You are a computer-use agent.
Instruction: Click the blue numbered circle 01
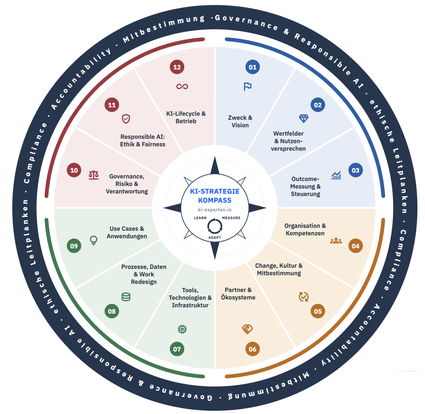coord(252,67)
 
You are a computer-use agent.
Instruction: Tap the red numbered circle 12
coord(177,67)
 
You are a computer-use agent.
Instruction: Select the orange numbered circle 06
coord(252,349)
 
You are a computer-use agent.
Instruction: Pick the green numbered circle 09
coord(74,246)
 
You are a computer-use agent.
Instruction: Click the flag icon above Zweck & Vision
coord(248,86)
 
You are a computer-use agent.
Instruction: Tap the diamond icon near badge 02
coord(304,119)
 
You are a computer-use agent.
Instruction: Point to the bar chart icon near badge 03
coord(336,175)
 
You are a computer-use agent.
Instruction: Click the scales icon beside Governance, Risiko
coord(94,175)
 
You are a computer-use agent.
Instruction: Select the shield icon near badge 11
coord(126,119)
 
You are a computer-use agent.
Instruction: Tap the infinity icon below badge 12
coord(182,86)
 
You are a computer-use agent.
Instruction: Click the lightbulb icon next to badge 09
coord(94,240)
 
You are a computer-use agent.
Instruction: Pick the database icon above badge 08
coord(126,297)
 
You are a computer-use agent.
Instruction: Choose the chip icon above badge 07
coord(182,329)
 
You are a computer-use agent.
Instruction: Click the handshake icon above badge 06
coord(247,329)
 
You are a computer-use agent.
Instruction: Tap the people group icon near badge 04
coord(336,241)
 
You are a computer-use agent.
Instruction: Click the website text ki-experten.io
coord(215,210)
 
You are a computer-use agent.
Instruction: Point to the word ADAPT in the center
coord(215,237)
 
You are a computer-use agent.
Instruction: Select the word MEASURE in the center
coord(231,218)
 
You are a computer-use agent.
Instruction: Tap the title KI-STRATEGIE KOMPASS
coord(215,195)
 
